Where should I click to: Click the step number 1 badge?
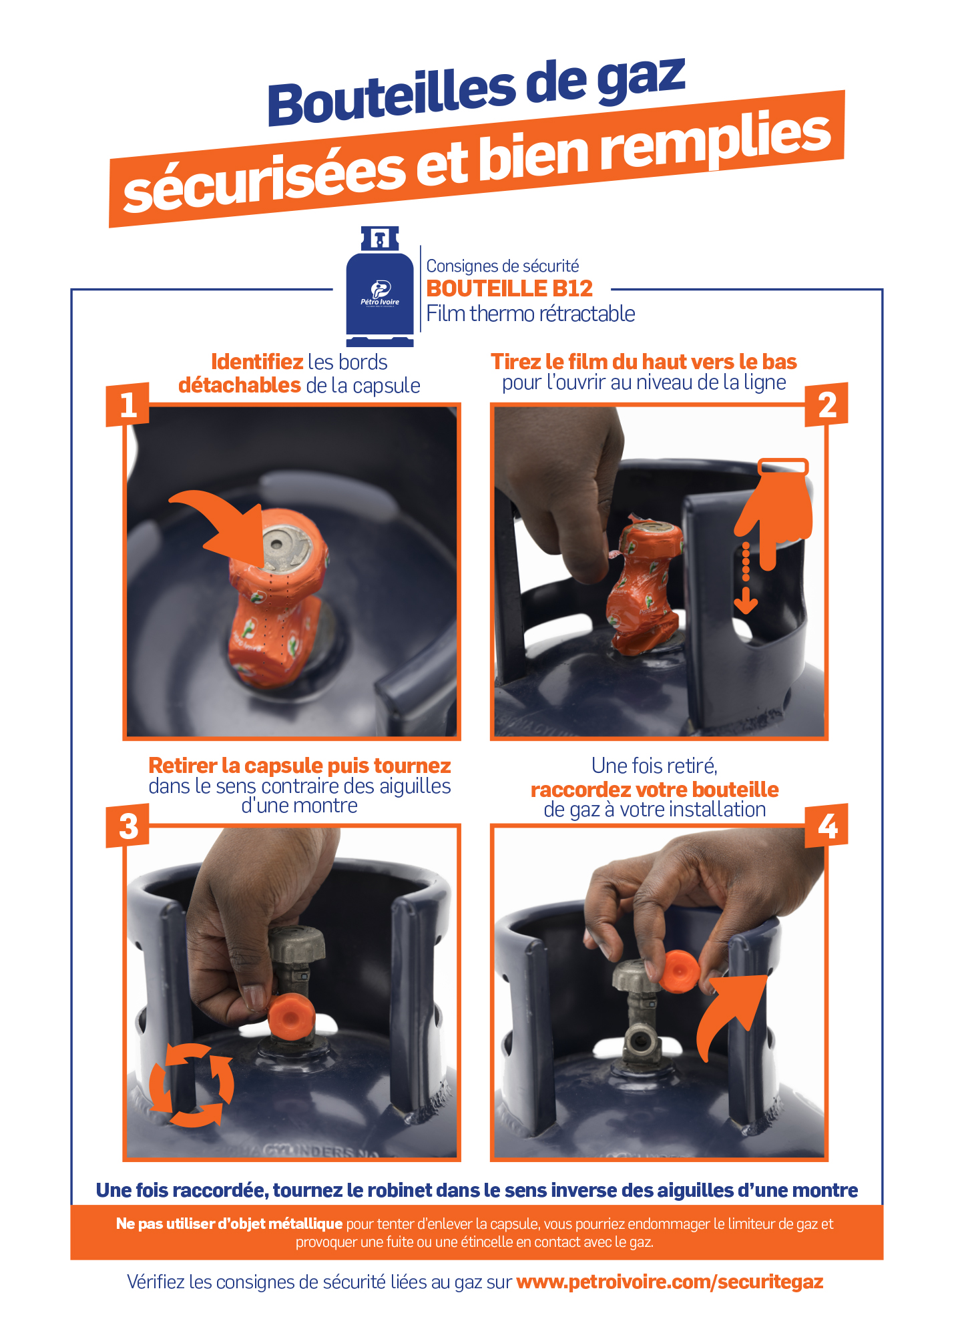[x=128, y=405]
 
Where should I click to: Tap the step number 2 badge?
[x=826, y=405]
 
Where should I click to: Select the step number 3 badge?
[x=128, y=826]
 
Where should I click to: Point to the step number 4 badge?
[x=826, y=826]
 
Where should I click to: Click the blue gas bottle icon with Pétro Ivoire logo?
[x=380, y=287]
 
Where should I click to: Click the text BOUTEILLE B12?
[x=509, y=288]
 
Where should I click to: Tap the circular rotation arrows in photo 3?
[x=192, y=1085]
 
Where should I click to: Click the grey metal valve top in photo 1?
[x=286, y=548]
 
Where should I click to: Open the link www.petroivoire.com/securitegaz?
[x=670, y=1282]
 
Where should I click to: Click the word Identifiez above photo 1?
[x=257, y=362]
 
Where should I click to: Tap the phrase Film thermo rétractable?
[x=531, y=314]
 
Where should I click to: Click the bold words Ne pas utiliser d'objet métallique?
[x=229, y=1224]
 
